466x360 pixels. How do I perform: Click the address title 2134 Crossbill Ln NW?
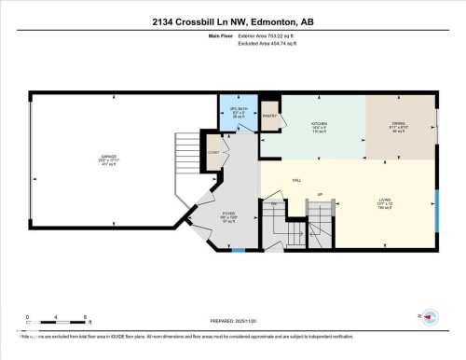tap(232, 21)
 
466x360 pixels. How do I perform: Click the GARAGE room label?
tap(109, 158)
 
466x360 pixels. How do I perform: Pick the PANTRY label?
tap(270, 117)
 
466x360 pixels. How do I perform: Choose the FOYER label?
tap(227, 214)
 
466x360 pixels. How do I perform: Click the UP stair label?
tap(319, 194)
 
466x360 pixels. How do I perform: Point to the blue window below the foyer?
tap(238, 250)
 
